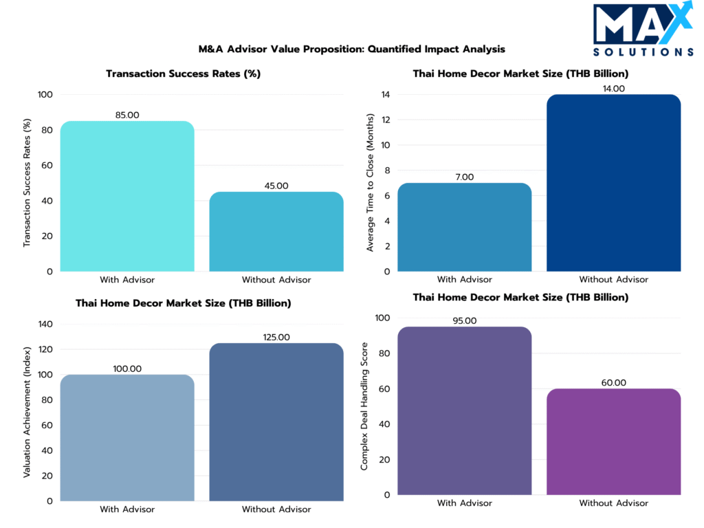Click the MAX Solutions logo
pyautogui.click(x=643, y=31)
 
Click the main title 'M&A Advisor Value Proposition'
pyautogui.click(x=352, y=49)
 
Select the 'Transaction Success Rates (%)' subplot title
pyautogui.click(x=183, y=74)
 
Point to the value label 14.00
pyautogui.click(x=614, y=89)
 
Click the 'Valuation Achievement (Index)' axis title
pyautogui.click(x=27, y=412)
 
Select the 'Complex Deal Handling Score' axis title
pyautogui.click(x=364, y=406)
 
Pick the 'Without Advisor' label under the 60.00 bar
pyautogui.click(x=614, y=503)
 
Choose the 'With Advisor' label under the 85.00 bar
pyautogui.click(x=127, y=280)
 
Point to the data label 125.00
pyautogui.click(x=276, y=337)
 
